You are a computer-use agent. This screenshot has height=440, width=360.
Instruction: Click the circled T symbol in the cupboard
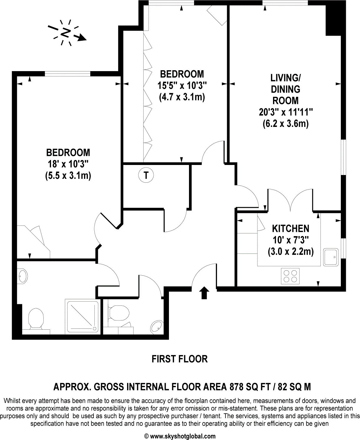pyautogui.click(x=146, y=176)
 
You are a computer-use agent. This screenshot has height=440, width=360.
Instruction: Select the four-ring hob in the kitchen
pyautogui.click(x=290, y=276)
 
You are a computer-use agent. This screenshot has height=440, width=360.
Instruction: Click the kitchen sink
pyautogui.click(x=331, y=257)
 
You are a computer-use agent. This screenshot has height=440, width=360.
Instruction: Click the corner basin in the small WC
pyautogui.click(x=156, y=327)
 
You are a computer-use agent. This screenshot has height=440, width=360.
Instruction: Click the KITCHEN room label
pyautogui.click(x=290, y=228)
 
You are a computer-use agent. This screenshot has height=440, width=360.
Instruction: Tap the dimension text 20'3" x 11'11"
pyautogui.click(x=286, y=112)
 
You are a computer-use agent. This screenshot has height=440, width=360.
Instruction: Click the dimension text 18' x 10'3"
pyautogui.click(x=68, y=164)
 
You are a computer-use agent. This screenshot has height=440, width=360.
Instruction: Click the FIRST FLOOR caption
pyautogui.click(x=180, y=359)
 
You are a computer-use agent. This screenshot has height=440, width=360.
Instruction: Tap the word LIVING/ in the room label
pyautogui.click(x=285, y=78)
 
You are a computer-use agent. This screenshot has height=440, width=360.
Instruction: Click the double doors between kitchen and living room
pyautogui.click(x=290, y=201)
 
